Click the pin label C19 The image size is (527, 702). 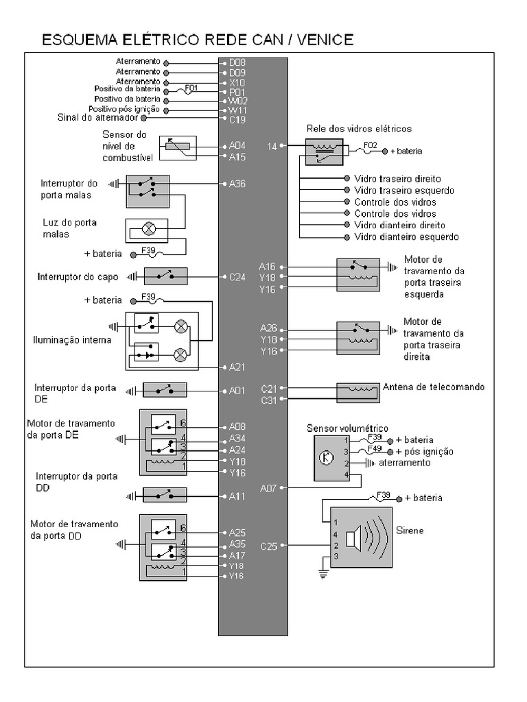(237, 120)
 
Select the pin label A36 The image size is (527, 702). (237, 184)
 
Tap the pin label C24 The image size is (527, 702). (237, 277)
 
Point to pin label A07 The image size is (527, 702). (268, 488)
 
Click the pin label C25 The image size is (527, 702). (268, 546)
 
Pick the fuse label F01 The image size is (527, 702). (191, 87)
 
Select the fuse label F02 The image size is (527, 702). (370, 145)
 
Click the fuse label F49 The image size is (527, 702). (375, 448)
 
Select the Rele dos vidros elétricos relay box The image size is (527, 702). (324, 152)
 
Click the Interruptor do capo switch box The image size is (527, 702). (165, 276)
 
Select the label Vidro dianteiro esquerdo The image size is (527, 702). (406, 237)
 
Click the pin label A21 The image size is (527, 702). (237, 367)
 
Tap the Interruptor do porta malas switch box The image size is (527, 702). (148, 191)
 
